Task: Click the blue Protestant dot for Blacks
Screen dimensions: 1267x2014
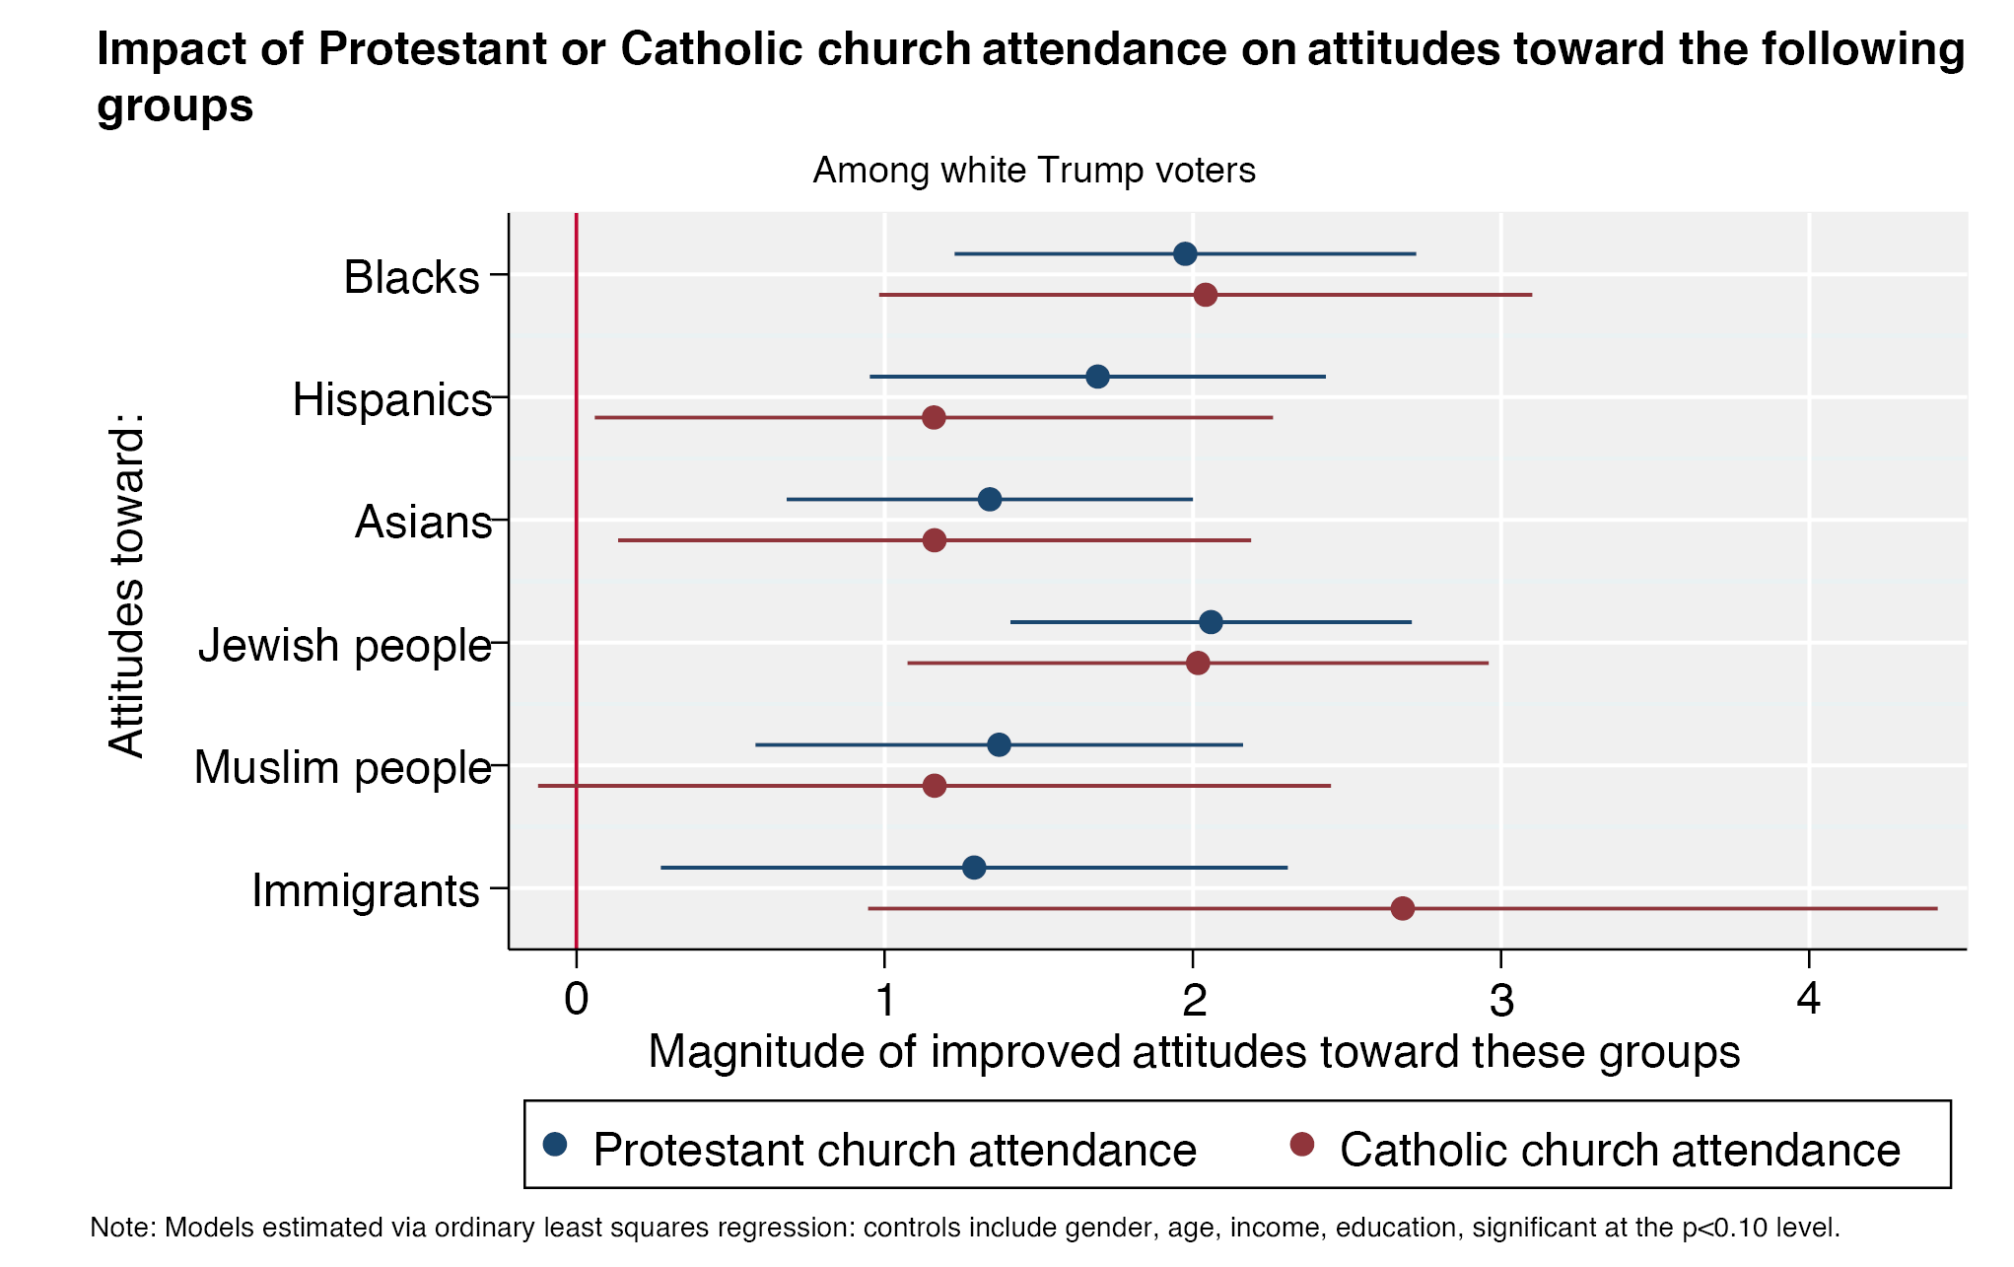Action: pos(1185,253)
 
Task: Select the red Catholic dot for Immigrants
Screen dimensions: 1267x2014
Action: pos(1402,908)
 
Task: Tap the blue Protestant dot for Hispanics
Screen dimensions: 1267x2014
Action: pos(1097,377)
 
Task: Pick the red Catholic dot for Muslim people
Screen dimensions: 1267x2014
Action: pos(935,786)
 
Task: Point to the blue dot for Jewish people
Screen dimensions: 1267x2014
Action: pos(1211,622)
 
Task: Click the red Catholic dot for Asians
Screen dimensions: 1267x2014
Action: pos(935,540)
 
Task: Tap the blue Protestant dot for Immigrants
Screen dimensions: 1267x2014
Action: pos(974,868)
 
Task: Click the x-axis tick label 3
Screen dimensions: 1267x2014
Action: pos(1500,1000)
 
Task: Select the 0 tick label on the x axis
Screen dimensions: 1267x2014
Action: pos(576,1000)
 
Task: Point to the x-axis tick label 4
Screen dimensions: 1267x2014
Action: pos(1808,1000)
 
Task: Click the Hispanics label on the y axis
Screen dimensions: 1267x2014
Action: pos(391,400)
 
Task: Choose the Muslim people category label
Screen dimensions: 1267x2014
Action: pos(342,767)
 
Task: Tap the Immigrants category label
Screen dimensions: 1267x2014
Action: pos(365,890)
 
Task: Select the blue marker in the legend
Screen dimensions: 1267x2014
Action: pos(556,1144)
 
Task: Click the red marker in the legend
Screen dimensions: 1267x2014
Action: pos(1302,1144)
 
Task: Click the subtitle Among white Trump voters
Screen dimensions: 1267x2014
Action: pos(1033,171)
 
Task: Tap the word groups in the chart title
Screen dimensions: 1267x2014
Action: pos(174,106)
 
